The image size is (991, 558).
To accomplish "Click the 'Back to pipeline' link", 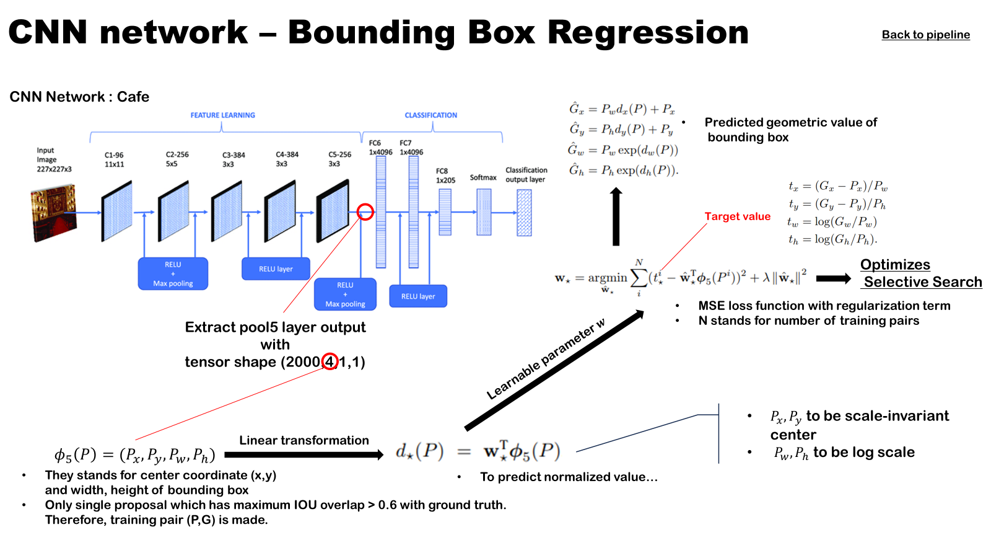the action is (925, 35).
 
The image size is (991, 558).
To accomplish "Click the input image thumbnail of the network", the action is (53, 213).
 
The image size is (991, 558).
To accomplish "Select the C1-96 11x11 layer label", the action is (114, 159).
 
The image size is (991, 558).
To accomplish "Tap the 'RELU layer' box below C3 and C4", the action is (276, 269).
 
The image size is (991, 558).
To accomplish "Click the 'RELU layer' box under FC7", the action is (418, 296).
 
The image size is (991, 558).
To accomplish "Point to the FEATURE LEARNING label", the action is (222, 115).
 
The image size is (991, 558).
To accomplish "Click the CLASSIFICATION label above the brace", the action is (431, 115).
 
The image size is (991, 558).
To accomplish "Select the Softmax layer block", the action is (484, 212).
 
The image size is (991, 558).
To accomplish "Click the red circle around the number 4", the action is (330, 361).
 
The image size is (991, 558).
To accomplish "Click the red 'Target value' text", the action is (738, 216).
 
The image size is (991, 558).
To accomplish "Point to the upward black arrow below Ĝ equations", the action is (616, 216).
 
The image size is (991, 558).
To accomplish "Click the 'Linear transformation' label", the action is (304, 440).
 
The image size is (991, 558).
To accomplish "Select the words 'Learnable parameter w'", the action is (546, 359).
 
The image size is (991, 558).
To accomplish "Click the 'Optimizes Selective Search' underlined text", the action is (921, 273).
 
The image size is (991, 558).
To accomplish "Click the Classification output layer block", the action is (524, 213).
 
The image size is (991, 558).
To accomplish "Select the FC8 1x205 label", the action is (445, 176).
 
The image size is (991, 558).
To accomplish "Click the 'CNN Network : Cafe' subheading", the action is (79, 97).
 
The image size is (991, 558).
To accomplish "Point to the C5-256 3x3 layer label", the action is (340, 159).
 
